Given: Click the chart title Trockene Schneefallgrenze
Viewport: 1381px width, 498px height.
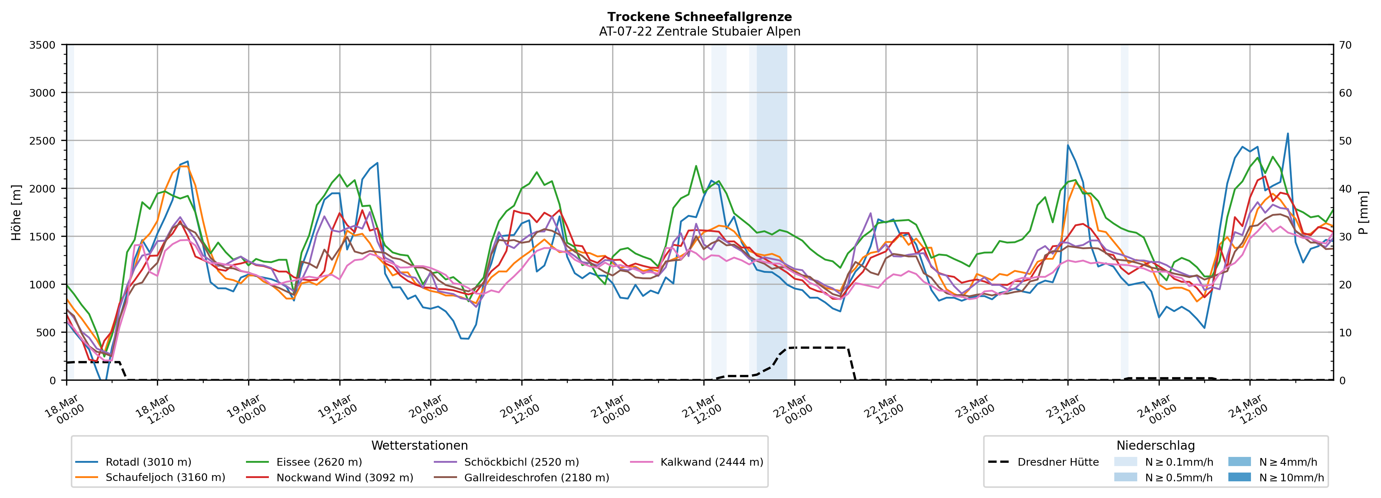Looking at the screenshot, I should [x=699, y=17].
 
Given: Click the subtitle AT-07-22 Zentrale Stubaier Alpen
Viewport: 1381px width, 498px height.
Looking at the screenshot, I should [x=699, y=32].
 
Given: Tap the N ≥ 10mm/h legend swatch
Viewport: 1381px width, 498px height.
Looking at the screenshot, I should [x=1239, y=477].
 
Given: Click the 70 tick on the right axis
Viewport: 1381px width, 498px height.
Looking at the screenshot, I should [x=1345, y=45].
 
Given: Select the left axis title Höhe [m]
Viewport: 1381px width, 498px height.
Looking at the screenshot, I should [x=17, y=212].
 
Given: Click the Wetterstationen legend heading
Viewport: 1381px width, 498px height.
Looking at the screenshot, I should [x=419, y=445].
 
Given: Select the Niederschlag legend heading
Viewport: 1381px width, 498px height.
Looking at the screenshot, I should [x=1155, y=445].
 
